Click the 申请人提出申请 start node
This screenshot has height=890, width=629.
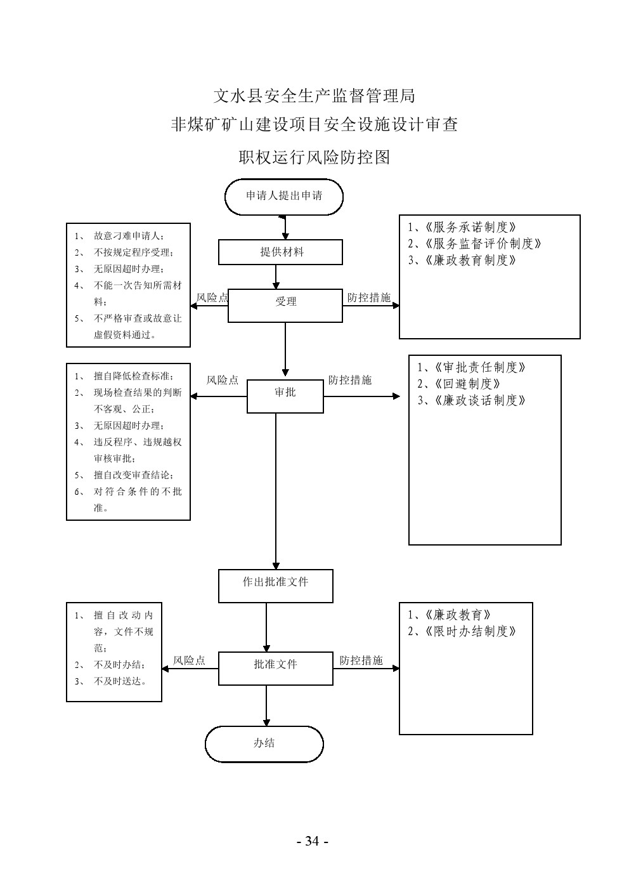click(x=283, y=197)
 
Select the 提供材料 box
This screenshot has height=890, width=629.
click(x=280, y=252)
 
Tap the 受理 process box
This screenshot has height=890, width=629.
click(x=285, y=302)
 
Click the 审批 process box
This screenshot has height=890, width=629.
click(x=285, y=393)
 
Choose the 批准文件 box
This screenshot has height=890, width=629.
click(x=275, y=665)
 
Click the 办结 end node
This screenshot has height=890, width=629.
click(x=264, y=743)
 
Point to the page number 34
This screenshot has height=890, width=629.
click(x=312, y=842)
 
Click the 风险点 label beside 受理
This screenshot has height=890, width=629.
click(x=212, y=297)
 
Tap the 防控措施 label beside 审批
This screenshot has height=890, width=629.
click(x=350, y=381)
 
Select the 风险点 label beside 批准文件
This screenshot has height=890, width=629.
click(x=189, y=661)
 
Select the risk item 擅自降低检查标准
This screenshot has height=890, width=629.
click(x=133, y=376)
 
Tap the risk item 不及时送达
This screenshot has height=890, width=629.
click(x=120, y=681)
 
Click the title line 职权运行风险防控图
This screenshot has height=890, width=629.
click(x=314, y=157)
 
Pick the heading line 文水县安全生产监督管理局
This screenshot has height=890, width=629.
click(x=314, y=96)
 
